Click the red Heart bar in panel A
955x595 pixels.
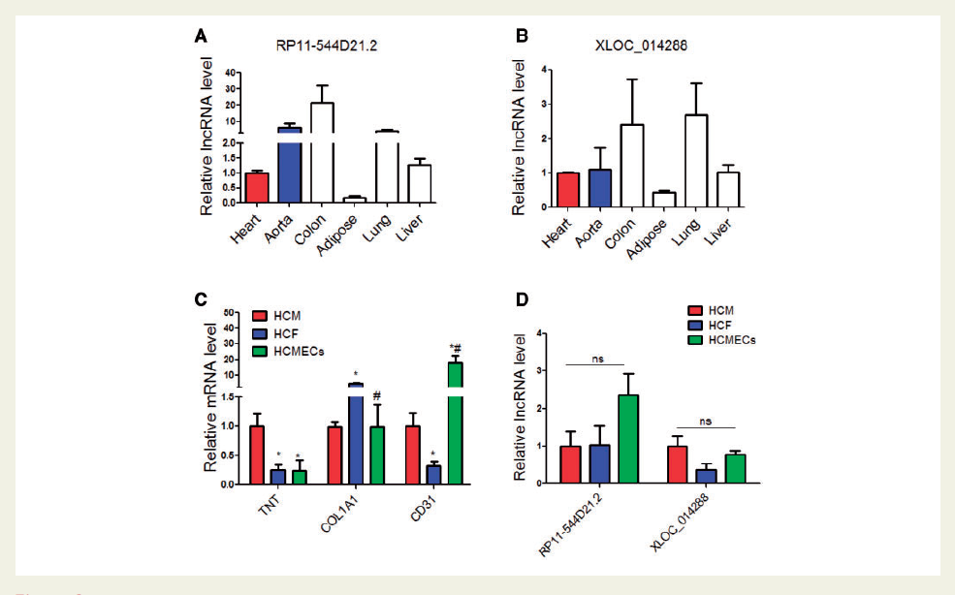tap(255, 187)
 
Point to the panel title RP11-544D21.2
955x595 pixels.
tap(313, 45)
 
